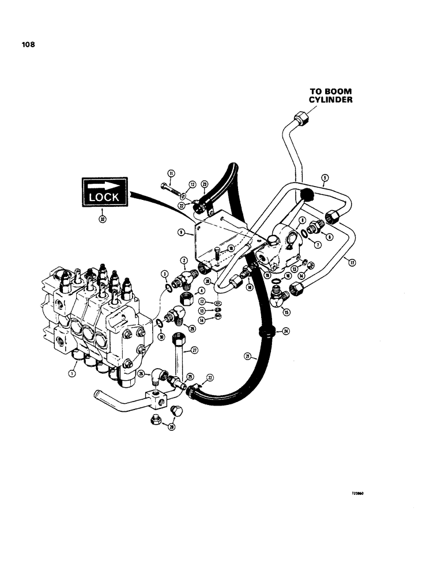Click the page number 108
[x=28, y=44]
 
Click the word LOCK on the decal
[x=104, y=196]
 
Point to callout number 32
[x=102, y=219]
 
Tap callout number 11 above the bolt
[x=171, y=173]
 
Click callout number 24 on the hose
[x=284, y=332]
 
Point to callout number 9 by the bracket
[x=182, y=233]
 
